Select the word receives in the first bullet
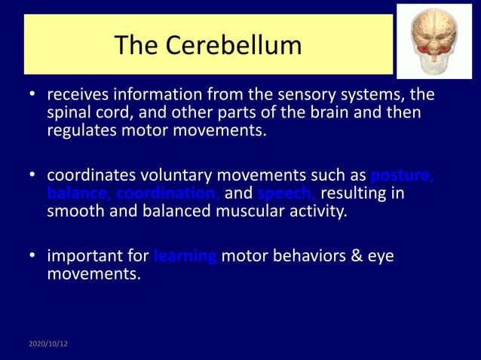coord(78,96)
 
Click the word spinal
coord(69,114)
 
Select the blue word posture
coord(403,175)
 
